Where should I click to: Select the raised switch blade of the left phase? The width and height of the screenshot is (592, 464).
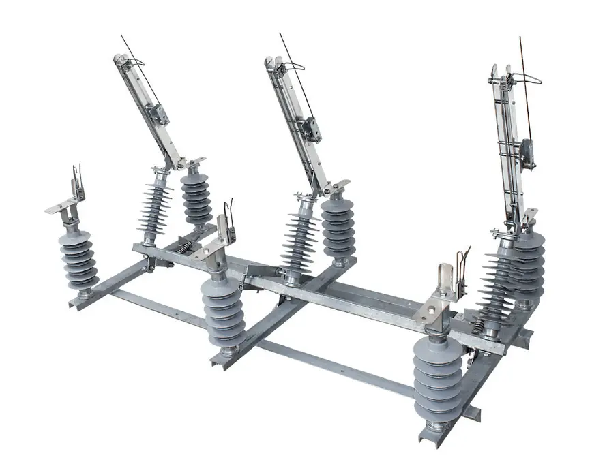pyautogui.click(x=147, y=109)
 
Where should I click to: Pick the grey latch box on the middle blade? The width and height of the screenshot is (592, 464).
pyautogui.click(x=313, y=129)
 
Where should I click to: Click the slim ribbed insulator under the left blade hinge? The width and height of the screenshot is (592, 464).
pyautogui.click(x=156, y=201)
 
